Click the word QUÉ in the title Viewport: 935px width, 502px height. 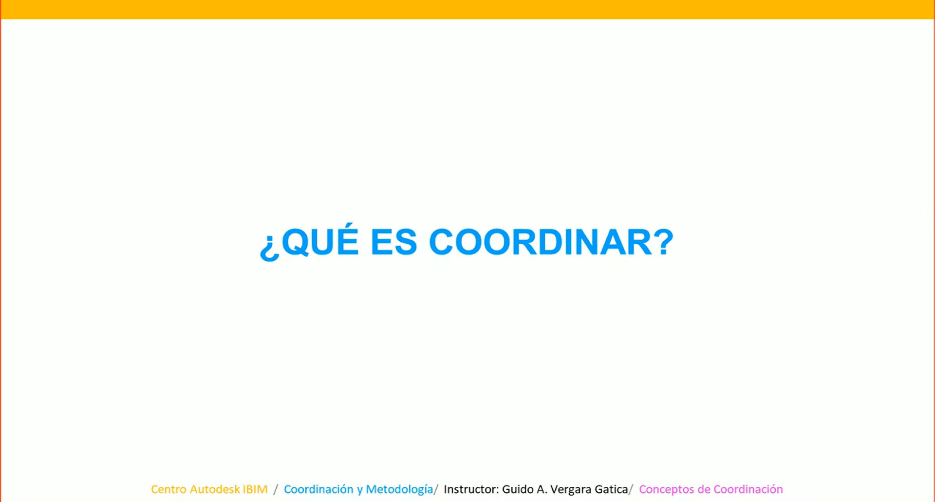point(320,242)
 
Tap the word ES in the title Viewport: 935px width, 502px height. point(393,242)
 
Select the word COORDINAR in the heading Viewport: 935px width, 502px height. point(540,242)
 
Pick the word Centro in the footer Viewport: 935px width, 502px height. point(168,489)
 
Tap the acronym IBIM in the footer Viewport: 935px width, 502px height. point(255,489)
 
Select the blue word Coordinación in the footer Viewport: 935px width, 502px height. point(318,489)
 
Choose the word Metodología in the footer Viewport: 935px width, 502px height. point(399,489)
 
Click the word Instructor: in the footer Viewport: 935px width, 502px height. point(471,489)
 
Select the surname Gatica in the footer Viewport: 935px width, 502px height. point(611,489)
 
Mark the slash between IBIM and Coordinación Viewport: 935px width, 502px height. point(276,489)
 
